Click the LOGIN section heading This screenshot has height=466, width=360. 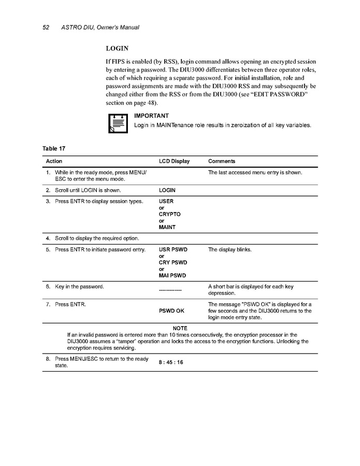tap(117, 48)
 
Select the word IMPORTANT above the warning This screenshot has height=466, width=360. tap(151, 116)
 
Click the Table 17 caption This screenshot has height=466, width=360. tap(54, 149)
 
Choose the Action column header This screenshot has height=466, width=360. tap(54, 161)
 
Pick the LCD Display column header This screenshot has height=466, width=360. tap(175, 161)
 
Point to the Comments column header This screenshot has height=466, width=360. tap(222, 161)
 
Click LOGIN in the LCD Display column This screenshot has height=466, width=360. tap(167, 190)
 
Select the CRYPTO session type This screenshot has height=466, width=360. tap(169, 214)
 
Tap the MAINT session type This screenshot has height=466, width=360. tap(167, 227)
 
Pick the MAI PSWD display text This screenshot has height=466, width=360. tap(172, 276)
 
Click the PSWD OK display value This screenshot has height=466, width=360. tap(171, 310)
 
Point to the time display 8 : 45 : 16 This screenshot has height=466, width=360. tap(171, 362)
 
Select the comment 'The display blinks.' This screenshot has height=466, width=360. tap(229, 249)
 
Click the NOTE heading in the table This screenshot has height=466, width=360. tap(180, 328)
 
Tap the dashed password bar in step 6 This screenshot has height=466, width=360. tap(170, 290)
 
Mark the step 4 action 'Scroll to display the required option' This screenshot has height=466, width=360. tap(96, 238)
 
